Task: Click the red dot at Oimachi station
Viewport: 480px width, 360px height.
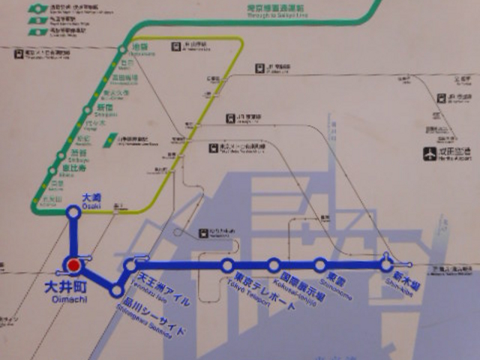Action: coord(73,265)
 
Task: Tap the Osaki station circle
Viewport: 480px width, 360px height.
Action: coord(73,213)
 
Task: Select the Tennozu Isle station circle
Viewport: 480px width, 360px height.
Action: coord(131,265)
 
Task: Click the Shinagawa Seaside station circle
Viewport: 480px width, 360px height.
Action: coord(116,290)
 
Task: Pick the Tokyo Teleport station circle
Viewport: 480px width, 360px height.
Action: coord(227,265)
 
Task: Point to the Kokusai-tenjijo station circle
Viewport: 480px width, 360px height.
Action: coord(274,265)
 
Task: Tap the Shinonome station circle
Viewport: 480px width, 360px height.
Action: coord(320,265)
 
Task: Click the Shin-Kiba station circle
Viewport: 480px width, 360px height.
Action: coord(386,265)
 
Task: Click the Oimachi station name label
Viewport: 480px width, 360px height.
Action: coord(71,289)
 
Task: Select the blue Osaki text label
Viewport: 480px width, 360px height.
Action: coord(90,199)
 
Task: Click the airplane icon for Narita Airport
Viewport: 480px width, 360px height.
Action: coord(430,154)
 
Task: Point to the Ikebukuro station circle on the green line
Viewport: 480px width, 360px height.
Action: coord(123,51)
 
